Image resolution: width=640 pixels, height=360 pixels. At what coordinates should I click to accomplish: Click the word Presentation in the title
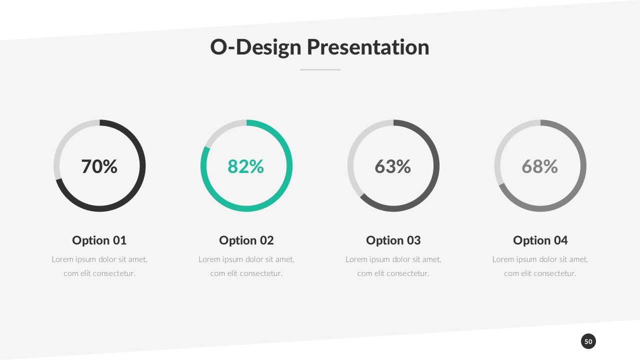[x=367, y=47]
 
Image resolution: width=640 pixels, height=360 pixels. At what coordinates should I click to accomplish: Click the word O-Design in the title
[x=255, y=47]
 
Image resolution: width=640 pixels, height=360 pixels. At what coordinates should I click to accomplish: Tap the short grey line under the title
[x=320, y=69]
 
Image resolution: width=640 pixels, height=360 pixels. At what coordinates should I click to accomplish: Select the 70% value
[x=99, y=166]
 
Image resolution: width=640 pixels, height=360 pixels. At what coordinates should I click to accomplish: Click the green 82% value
[x=246, y=166]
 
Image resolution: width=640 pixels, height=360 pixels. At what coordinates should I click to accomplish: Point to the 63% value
[x=393, y=166]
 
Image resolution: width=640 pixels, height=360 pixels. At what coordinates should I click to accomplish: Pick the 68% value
[x=540, y=166]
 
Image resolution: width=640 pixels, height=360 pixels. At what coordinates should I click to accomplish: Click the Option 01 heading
[x=99, y=240]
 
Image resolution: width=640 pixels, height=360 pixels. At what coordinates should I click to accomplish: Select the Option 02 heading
[x=246, y=240]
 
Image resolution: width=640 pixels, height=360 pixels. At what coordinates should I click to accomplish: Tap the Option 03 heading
[x=393, y=240]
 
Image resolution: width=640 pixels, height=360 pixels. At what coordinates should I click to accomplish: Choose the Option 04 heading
[x=540, y=240]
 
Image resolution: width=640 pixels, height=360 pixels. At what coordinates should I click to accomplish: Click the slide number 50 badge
[x=588, y=341]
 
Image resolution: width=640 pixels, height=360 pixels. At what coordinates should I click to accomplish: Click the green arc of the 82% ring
[x=289, y=165]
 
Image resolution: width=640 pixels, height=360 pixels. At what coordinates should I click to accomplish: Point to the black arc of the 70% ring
[x=142, y=165]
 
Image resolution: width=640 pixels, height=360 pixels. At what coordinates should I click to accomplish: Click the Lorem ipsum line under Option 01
[x=99, y=259]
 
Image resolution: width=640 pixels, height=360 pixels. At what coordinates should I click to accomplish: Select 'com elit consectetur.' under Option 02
[x=246, y=273]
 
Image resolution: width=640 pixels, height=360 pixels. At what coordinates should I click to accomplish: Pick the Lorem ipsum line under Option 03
[x=393, y=259]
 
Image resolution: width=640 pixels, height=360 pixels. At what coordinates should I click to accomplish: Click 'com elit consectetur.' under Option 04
[x=540, y=273]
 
